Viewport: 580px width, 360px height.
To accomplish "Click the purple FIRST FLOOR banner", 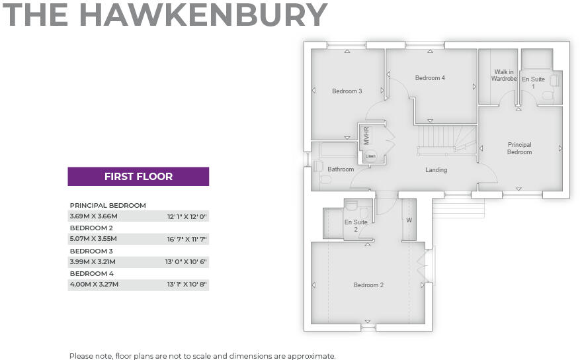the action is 138,177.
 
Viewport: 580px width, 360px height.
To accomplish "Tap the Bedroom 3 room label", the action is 347,91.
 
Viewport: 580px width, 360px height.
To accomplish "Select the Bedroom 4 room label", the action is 430,78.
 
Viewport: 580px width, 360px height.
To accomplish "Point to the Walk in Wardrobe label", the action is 504,75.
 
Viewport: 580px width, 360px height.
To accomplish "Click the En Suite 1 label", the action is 533,83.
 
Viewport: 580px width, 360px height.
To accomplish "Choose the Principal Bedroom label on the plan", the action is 519,148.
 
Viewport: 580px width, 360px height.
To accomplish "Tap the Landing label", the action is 436,170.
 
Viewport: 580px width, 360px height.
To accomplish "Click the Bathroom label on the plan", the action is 341,169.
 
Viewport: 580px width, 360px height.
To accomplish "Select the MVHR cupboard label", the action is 366,135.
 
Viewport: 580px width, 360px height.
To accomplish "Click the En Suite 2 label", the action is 355,226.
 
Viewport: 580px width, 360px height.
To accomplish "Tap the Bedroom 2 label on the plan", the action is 368,285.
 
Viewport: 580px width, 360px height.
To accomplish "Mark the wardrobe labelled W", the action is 409,220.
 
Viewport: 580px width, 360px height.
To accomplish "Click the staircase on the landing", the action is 446,139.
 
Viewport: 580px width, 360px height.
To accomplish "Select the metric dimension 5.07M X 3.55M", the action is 93,239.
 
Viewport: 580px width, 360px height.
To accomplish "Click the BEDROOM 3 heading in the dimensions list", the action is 91,251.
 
